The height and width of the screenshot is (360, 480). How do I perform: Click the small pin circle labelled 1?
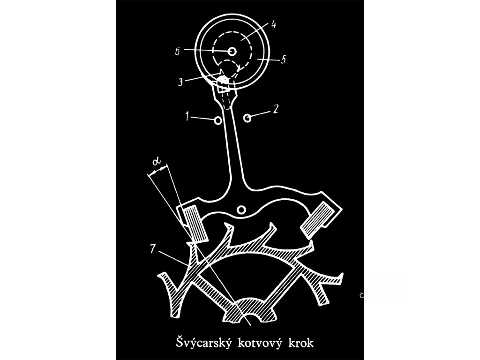coord(217,120)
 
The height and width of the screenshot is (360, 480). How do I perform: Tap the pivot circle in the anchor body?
coord(242,210)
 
